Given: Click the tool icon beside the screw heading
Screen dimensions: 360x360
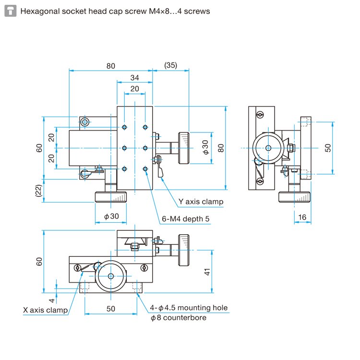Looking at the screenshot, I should coord(11,11).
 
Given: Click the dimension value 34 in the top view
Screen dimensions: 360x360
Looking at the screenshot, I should coord(134,78).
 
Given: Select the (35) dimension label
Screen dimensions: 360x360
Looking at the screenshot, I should coord(170,65).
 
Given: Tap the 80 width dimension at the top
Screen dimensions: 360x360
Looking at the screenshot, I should coord(111,65).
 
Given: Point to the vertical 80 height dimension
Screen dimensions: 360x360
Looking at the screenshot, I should coord(221,147).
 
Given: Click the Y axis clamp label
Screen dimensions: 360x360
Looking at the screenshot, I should coord(201,202).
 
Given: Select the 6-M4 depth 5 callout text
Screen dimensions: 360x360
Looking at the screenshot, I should coord(186,219).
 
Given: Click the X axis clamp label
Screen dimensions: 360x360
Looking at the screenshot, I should coord(46,310).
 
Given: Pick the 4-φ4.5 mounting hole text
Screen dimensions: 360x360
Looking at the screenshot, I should coord(189,308).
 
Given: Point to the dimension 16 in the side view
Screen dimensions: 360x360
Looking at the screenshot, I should coord(302,217).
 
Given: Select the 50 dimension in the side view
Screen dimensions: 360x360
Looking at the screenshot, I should coord(328,148).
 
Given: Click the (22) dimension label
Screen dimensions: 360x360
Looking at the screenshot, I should coord(38,191).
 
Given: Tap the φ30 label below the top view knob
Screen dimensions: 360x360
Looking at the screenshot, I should coord(111,216).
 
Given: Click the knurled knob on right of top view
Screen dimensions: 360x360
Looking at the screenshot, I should coord(183,147).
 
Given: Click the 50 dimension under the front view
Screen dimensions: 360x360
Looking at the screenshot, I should coord(111,309).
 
